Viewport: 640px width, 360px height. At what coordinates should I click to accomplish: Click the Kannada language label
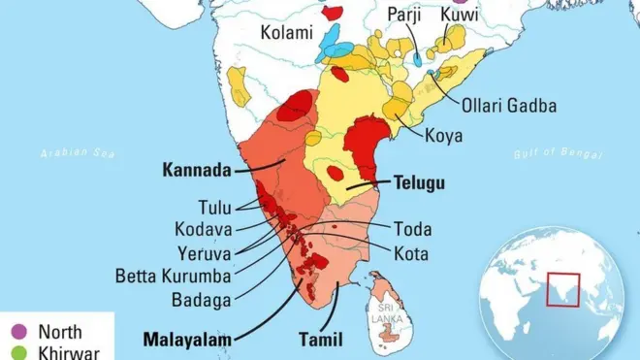[197, 171]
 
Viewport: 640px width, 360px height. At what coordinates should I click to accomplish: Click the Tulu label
[215, 207]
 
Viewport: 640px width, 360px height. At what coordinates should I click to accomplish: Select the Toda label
[412, 230]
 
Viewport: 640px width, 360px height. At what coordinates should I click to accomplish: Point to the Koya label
[443, 135]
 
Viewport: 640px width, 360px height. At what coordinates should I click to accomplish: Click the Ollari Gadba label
[509, 106]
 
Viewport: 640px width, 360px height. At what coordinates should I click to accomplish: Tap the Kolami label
[287, 33]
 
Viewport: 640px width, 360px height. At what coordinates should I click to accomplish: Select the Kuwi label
[459, 15]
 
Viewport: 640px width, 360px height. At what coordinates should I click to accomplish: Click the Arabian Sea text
[78, 152]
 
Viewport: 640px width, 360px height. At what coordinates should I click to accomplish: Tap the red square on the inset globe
[562, 288]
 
